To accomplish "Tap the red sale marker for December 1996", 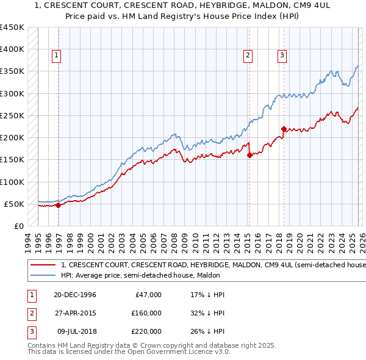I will pos(59,205).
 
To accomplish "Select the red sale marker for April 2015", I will pos(249,155).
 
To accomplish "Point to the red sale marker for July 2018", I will pos(284,129).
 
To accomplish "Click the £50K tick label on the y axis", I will pos(14,204).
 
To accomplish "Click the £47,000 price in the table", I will pos(148,295).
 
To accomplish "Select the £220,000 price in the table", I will pos(145,331).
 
